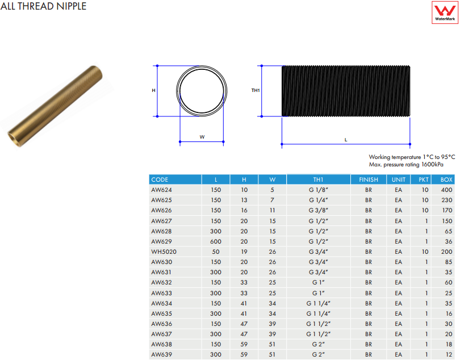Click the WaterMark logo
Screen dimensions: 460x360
click(445, 12)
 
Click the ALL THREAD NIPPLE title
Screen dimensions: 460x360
click(43, 6)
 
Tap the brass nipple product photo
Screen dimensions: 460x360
click(55, 106)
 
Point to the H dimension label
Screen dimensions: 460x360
click(153, 90)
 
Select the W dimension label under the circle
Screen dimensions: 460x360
click(202, 137)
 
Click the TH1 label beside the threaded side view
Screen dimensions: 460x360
click(256, 90)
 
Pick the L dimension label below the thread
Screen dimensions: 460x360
click(346, 140)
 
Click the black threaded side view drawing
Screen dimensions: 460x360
click(346, 91)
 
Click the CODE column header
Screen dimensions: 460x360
click(160, 179)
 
